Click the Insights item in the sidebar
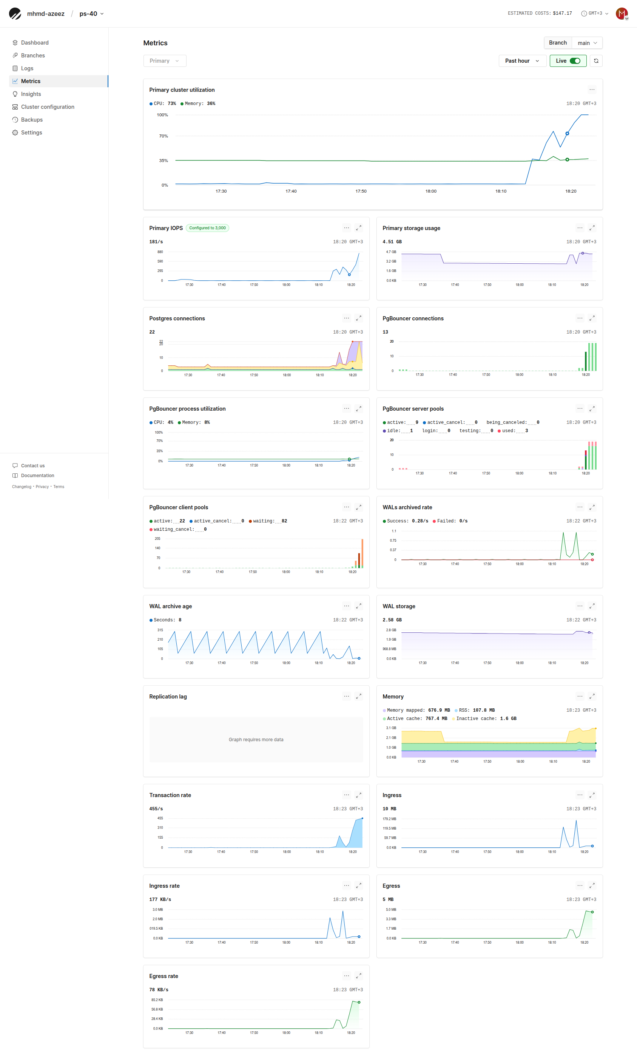(x=31, y=94)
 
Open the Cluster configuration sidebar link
(x=47, y=107)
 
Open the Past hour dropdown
(x=522, y=61)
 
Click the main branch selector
(x=587, y=43)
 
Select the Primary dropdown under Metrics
(x=164, y=61)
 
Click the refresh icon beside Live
(x=596, y=61)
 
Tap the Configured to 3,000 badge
(x=207, y=228)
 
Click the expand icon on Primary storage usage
(x=592, y=228)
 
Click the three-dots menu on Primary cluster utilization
(x=592, y=90)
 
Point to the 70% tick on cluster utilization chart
(x=163, y=136)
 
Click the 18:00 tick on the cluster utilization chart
(x=431, y=191)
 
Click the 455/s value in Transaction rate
(x=156, y=809)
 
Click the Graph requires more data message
(x=256, y=740)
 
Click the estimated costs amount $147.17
(x=562, y=13)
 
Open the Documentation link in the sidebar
(x=37, y=475)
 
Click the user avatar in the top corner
(x=621, y=13)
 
